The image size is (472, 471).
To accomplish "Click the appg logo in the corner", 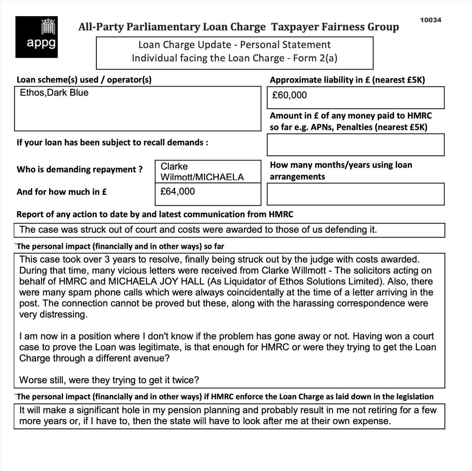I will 37,37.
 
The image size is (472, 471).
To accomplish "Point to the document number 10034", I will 430,20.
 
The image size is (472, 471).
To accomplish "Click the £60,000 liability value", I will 289,95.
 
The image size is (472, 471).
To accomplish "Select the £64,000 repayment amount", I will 178,192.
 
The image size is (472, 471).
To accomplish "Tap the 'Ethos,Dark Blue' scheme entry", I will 54,93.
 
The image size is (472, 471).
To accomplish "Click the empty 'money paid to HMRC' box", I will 355,145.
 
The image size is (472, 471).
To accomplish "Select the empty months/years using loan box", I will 355,194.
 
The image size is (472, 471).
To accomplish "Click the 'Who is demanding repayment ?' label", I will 79,170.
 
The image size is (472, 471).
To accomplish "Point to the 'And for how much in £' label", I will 62,192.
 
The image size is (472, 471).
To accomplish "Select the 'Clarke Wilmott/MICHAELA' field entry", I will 202,172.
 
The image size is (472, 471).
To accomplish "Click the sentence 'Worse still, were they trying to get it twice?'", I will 109,380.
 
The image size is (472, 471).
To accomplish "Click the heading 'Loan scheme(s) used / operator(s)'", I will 84,80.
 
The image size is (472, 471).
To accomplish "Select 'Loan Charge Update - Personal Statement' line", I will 234,45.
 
